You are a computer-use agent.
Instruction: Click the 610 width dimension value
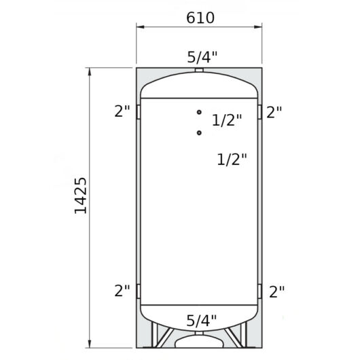tap(200, 18)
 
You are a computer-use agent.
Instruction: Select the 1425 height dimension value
tap(81, 196)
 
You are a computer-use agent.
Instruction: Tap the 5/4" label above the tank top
tap(202, 57)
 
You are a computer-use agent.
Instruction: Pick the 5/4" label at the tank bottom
tap(201, 321)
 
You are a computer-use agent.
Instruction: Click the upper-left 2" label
tap(122, 111)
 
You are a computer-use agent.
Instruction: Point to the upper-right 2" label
tap(274, 112)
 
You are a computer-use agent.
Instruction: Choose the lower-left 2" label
tap(122, 291)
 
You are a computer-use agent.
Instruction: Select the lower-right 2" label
tap(276, 291)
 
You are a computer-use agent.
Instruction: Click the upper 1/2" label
tap(227, 120)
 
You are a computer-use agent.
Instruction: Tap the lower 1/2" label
tap(232, 160)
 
